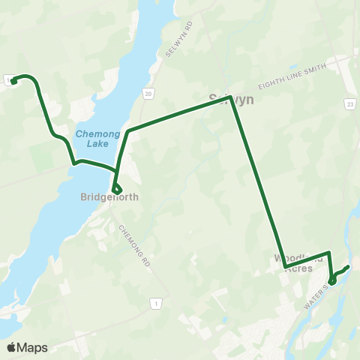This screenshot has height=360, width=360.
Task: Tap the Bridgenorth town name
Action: tap(109, 198)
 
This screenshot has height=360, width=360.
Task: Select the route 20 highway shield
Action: tap(148, 93)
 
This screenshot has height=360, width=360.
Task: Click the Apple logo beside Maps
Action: tap(11, 347)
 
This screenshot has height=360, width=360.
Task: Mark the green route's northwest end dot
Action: tap(13, 80)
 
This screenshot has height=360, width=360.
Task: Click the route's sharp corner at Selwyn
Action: tap(231, 97)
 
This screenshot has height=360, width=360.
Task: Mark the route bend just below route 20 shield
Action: tap(129, 131)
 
